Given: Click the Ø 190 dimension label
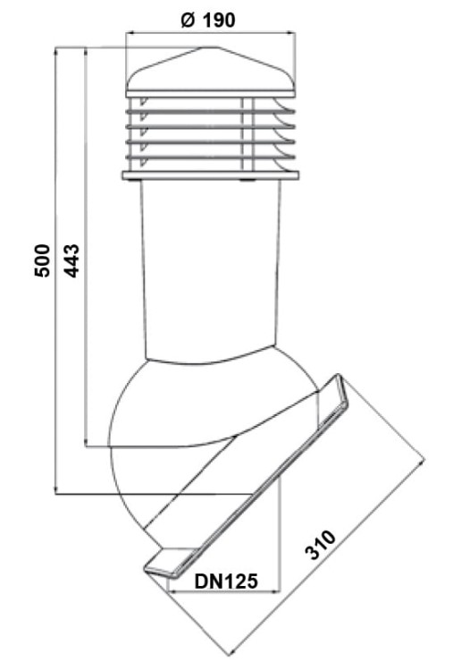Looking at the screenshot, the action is (207, 20).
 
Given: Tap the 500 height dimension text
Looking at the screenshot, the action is (42, 260).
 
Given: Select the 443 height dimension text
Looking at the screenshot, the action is (71, 260).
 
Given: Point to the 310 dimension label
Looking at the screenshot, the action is (321, 545).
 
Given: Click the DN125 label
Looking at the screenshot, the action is (227, 582).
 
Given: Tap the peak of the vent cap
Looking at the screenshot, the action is (210, 47).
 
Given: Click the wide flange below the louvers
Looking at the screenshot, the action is (210, 175).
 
